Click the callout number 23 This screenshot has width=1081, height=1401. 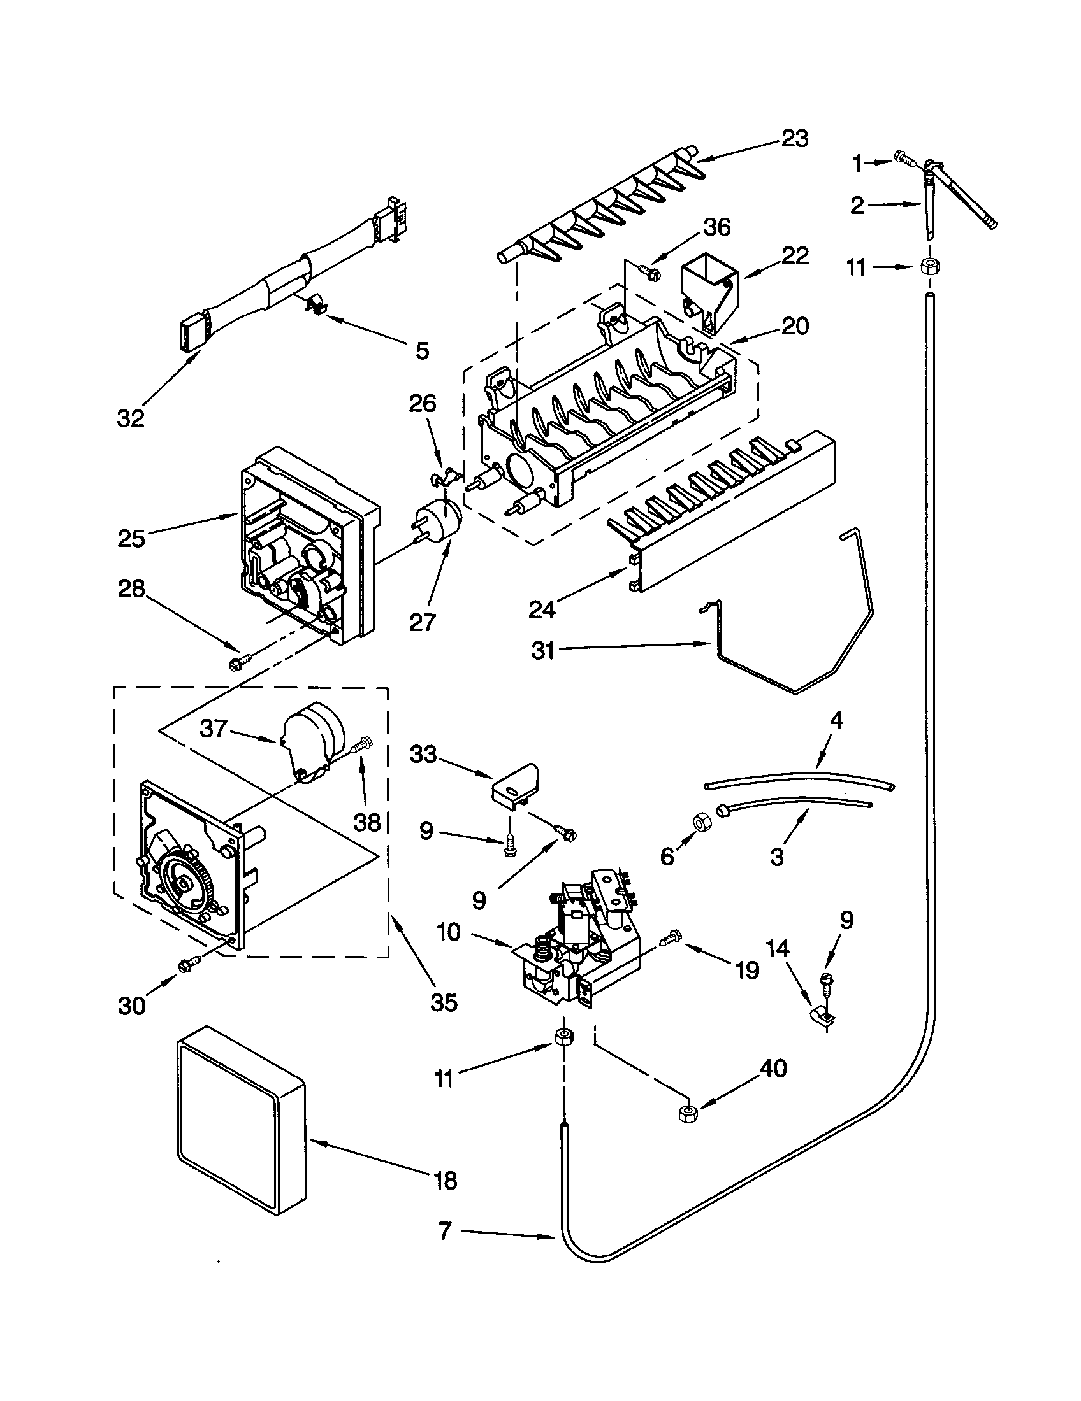point(795,139)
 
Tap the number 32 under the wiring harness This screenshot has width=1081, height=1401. point(130,418)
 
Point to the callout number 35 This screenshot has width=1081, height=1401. point(444,1001)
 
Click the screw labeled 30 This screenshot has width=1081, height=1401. point(191,963)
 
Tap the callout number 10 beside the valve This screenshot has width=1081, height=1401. point(449,932)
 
